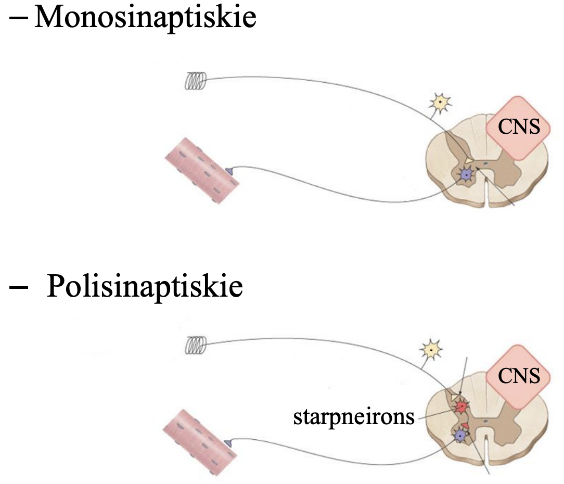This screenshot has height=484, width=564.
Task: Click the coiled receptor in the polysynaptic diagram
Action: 196,345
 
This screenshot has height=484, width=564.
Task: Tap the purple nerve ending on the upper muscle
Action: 229,170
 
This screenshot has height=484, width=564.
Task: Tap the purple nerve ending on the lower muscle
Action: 228,442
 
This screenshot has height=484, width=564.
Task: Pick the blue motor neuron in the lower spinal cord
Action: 460,435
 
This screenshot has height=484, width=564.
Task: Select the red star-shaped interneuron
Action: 460,406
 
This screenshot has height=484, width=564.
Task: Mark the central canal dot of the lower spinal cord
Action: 484,419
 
